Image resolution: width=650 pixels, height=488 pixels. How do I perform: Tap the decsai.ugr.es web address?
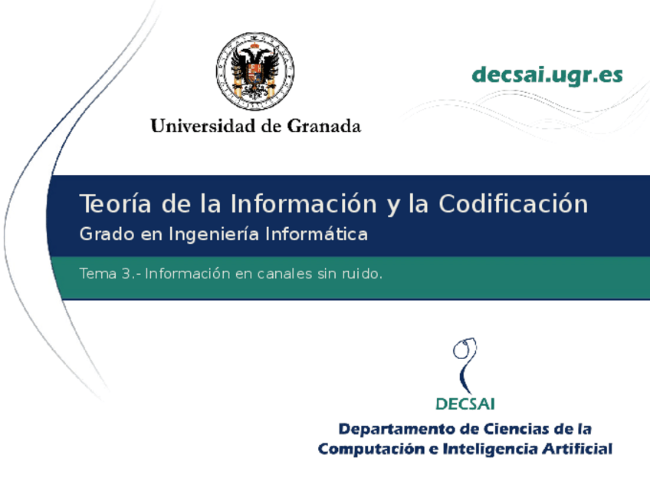[547, 75]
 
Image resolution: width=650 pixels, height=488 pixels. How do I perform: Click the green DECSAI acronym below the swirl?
[465, 403]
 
